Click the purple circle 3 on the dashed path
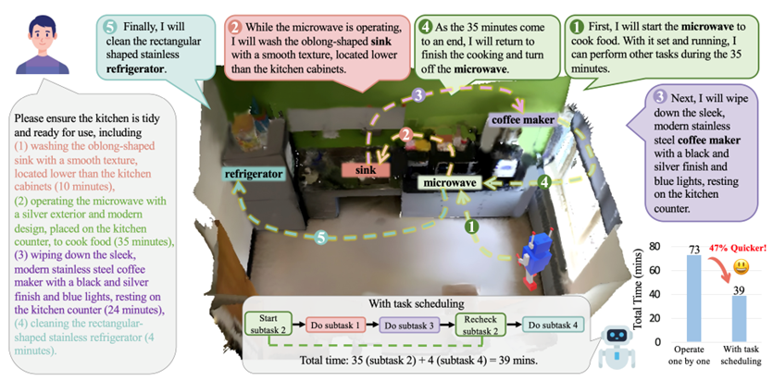click(x=418, y=93)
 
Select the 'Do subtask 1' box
click(x=335, y=326)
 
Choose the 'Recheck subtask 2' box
click(x=482, y=326)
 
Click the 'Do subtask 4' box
click(x=553, y=326)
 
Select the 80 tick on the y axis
click(x=653, y=247)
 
